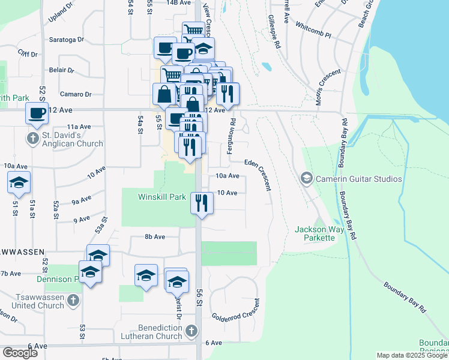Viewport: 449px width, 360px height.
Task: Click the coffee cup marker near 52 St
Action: click(x=37, y=113)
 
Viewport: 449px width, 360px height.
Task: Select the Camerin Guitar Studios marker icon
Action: click(x=307, y=179)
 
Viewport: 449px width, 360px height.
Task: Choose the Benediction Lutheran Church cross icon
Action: click(x=191, y=331)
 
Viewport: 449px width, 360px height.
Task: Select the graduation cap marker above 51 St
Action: click(x=19, y=182)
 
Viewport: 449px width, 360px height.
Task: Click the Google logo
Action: click(x=20, y=353)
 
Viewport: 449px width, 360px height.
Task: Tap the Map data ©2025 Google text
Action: click(x=412, y=355)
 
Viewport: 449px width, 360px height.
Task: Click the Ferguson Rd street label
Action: click(x=230, y=136)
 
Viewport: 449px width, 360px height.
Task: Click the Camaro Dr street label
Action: click(x=76, y=94)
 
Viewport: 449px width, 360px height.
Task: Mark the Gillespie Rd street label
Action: click(x=274, y=32)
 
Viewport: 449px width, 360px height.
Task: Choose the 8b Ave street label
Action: click(x=154, y=237)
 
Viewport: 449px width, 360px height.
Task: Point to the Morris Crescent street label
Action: click(x=328, y=87)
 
